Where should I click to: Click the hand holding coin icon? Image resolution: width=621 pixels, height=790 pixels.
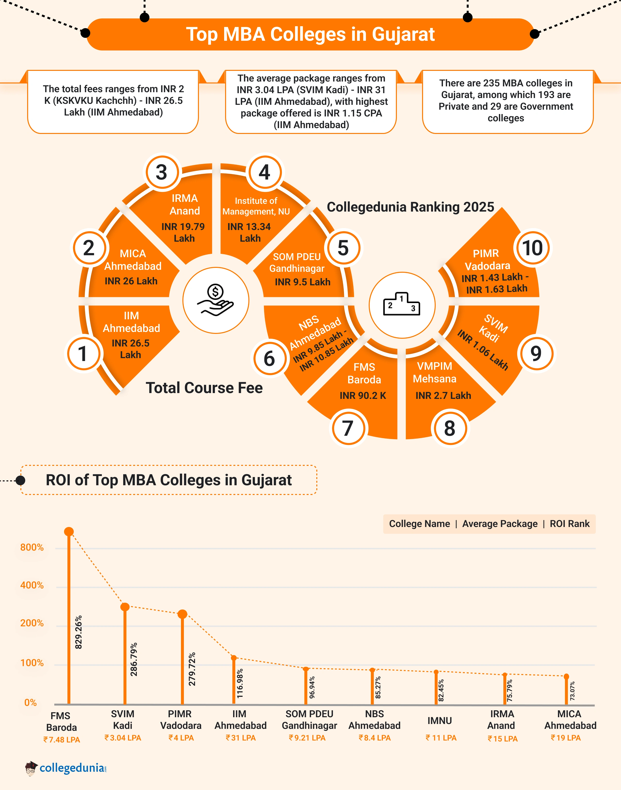[x=216, y=300]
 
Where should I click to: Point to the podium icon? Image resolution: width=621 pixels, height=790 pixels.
[x=402, y=305]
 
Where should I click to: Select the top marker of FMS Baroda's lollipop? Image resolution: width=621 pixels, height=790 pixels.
[x=69, y=532]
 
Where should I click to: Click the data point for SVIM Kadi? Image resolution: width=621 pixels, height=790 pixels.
[x=125, y=607]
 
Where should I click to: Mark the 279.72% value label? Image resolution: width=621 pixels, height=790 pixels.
[x=192, y=669]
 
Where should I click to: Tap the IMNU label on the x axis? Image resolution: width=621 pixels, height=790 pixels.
[x=440, y=721]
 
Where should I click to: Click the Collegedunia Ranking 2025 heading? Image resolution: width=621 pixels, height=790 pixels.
[x=410, y=207]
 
